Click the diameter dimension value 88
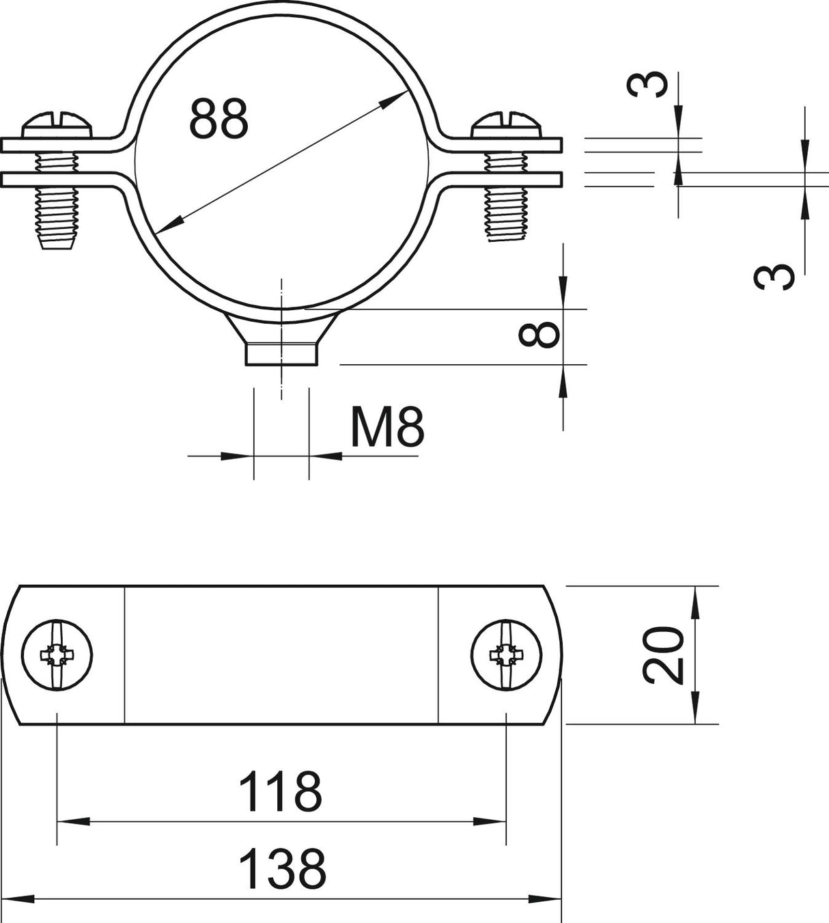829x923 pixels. coord(219,120)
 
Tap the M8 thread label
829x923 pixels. coord(387,427)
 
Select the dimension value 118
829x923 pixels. coord(280,792)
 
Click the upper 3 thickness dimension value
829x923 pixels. coord(647,84)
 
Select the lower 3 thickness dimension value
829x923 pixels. coord(774,277)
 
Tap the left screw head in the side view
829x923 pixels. coord(57,124)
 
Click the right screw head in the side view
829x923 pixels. coord(506,124)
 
